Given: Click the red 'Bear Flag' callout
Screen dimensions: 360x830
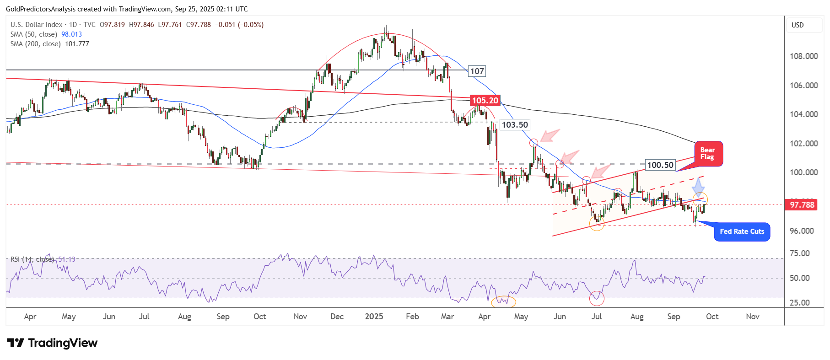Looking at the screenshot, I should click(708, 154).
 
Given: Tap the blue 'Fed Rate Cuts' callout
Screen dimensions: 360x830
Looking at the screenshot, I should click(742, 231).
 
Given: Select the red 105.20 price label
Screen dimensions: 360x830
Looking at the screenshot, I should click(485, 101).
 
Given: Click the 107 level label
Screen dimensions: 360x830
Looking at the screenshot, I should click(477, 71).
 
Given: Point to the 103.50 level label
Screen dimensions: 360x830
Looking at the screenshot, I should click(515, 125).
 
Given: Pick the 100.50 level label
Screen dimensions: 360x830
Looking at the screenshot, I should click(660, 165).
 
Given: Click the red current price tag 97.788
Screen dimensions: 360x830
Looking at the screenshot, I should click(802, 205).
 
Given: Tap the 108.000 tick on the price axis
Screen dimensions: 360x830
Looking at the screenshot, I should click(803, 56).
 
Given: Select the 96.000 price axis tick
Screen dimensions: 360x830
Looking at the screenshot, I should click(802, 231).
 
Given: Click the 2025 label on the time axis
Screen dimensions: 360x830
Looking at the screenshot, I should click(374, 317).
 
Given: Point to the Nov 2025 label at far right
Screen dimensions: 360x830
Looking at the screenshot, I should click(752, 317).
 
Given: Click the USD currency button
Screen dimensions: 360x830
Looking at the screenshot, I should click(798, 25).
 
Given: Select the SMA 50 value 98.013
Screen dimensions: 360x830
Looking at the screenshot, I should click(71, 34).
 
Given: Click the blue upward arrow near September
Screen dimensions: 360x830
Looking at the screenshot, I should click(698, 187).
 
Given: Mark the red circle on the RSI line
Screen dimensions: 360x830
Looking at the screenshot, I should click(597, 299).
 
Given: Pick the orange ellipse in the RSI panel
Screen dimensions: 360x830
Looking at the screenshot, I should click(503, 301).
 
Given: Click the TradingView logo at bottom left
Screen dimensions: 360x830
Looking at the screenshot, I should click(52, 343).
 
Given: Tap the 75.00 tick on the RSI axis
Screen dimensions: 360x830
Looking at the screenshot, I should click(799, 253).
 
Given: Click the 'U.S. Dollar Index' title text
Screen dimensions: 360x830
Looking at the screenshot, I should click(37, 25).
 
